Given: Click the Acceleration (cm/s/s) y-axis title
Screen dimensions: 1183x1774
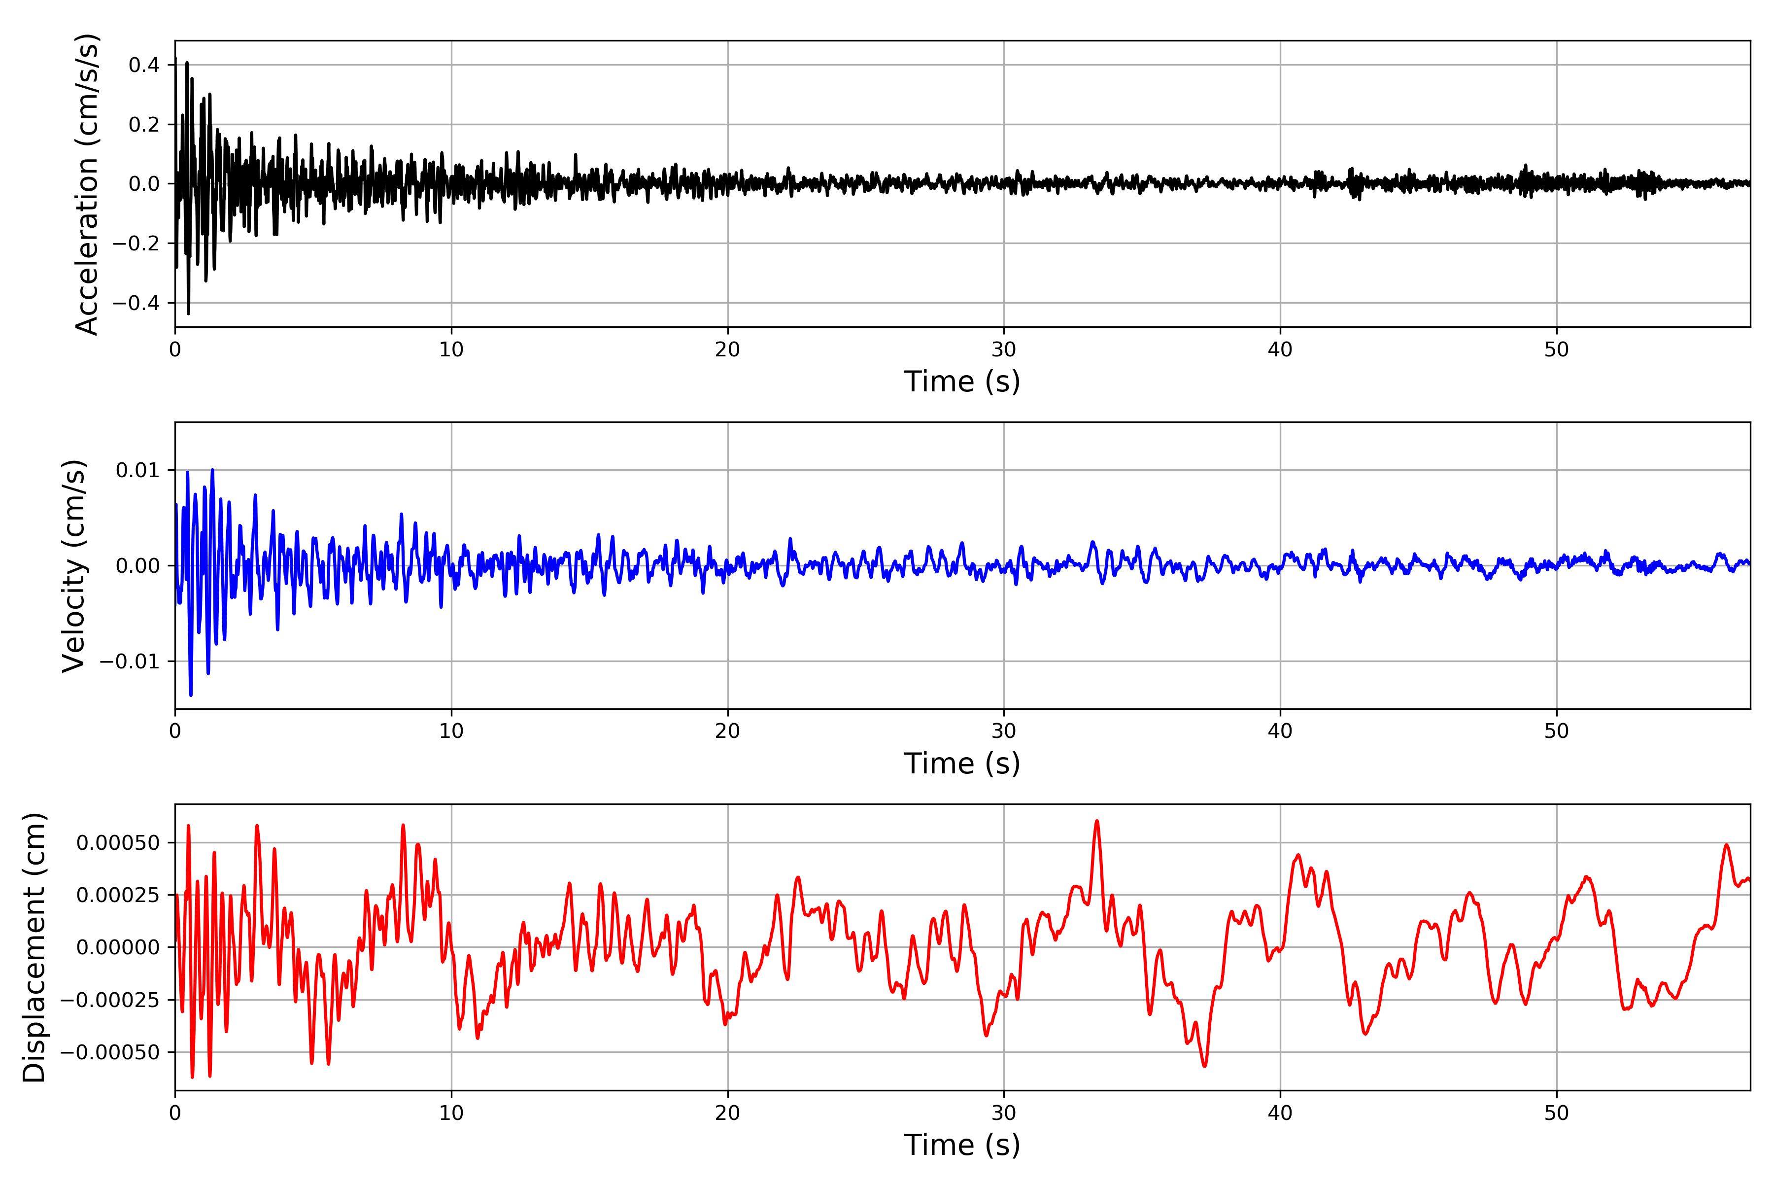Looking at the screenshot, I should (x=87, y=184).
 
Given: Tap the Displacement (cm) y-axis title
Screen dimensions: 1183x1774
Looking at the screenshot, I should (x=34, y=947).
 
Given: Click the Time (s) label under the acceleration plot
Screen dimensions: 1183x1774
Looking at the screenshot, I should (x=962, y=382).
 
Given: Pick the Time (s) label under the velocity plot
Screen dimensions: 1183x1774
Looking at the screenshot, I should (x=962, y=764).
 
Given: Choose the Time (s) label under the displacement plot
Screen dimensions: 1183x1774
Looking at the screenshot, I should (x=962, y=1145).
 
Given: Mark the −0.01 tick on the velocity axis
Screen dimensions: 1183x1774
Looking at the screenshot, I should (x=130, y=661).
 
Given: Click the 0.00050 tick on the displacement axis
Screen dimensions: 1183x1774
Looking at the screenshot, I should (x=118, y=843).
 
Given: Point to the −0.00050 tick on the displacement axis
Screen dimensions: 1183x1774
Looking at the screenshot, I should (x=110, y=1052).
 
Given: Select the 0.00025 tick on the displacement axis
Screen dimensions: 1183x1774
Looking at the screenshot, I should (x=118, y=895).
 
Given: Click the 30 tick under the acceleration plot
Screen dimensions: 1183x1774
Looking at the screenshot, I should (x=1004, y=350).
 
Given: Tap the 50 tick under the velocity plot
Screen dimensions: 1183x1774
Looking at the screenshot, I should (x=1556, y=731).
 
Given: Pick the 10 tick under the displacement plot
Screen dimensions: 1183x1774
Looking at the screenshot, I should (x=451, y=1113).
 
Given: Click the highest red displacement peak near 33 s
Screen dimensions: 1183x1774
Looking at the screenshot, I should (x=1097, y=822).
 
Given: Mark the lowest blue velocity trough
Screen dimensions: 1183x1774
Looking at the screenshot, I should (x=191, y=694).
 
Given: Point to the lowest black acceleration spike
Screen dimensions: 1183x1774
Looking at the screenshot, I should (x=189, y=313).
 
